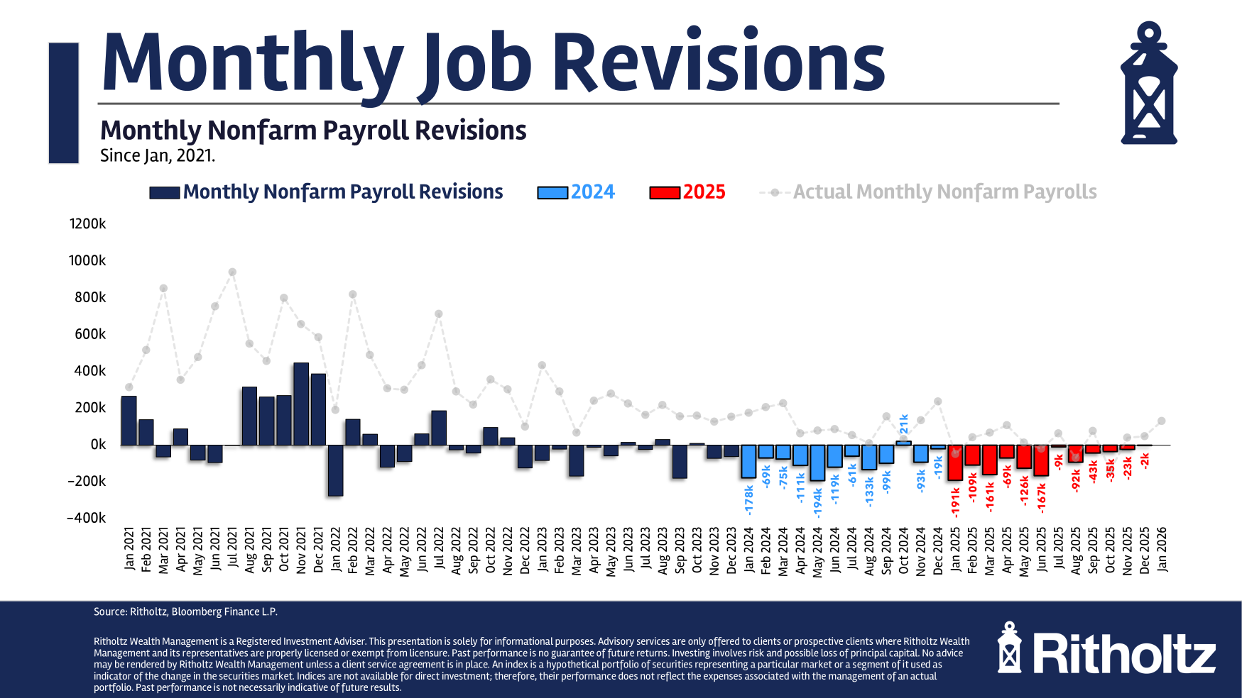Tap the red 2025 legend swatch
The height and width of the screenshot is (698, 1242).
[665, 193]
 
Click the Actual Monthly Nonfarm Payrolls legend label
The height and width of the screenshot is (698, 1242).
[944, 192]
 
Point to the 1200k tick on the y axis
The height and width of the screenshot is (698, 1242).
[87, 224]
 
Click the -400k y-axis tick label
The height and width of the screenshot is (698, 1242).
[86, 518]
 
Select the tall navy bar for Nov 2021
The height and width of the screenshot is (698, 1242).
[301, 404]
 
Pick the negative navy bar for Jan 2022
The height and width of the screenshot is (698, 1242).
[335, 470]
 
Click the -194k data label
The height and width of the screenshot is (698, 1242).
[817, 502]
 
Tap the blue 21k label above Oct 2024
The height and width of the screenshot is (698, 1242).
[903, 424]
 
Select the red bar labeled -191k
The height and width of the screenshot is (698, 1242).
[955, 462]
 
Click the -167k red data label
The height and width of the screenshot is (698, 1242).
[1041, 498]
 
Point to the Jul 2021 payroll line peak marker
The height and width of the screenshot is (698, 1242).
[232, 272]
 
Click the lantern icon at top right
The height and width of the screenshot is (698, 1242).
[1148, 84]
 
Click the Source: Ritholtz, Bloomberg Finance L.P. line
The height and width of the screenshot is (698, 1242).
[185, 611]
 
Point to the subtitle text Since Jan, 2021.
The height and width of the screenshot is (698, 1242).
[158, 155]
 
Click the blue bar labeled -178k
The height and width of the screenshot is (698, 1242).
[748, 461]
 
